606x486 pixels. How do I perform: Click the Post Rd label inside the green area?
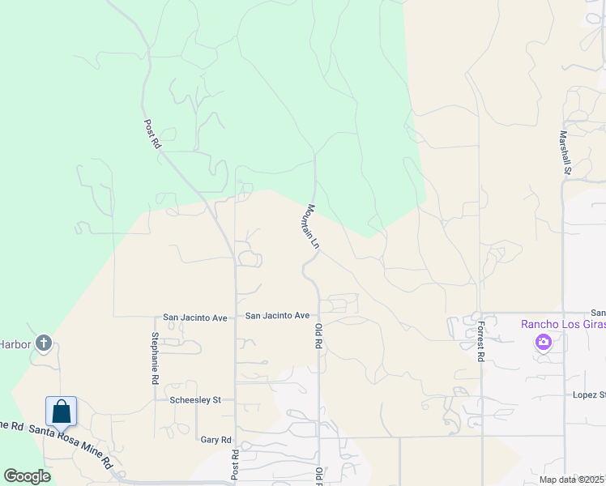tap(151, 134)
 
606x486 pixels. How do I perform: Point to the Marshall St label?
tap(565, 152)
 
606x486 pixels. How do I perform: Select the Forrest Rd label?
tap(480, 341)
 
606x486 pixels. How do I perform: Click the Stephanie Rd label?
tap(155, 356)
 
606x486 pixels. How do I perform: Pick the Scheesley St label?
tap(195, 399)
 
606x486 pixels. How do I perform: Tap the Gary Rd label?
tap(216, 440)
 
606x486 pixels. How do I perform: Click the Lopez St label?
tap(589, 394)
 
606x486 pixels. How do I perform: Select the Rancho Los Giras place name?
tap(563, 324)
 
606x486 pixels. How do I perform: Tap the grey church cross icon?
tap(44, 344)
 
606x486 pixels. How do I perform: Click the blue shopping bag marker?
tap(62, 411)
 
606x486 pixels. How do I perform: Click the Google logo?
tap(27, 476)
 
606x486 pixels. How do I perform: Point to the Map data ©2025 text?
tap(572, 480)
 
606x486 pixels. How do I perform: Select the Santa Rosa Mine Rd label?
tap(71, 446)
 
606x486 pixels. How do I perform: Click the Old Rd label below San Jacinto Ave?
tap(318, 336)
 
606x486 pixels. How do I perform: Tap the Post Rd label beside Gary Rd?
tap(236, 464)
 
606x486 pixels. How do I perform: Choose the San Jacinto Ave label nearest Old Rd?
tap(278, 315)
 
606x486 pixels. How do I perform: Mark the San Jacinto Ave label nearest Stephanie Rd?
tap(195, 318)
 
